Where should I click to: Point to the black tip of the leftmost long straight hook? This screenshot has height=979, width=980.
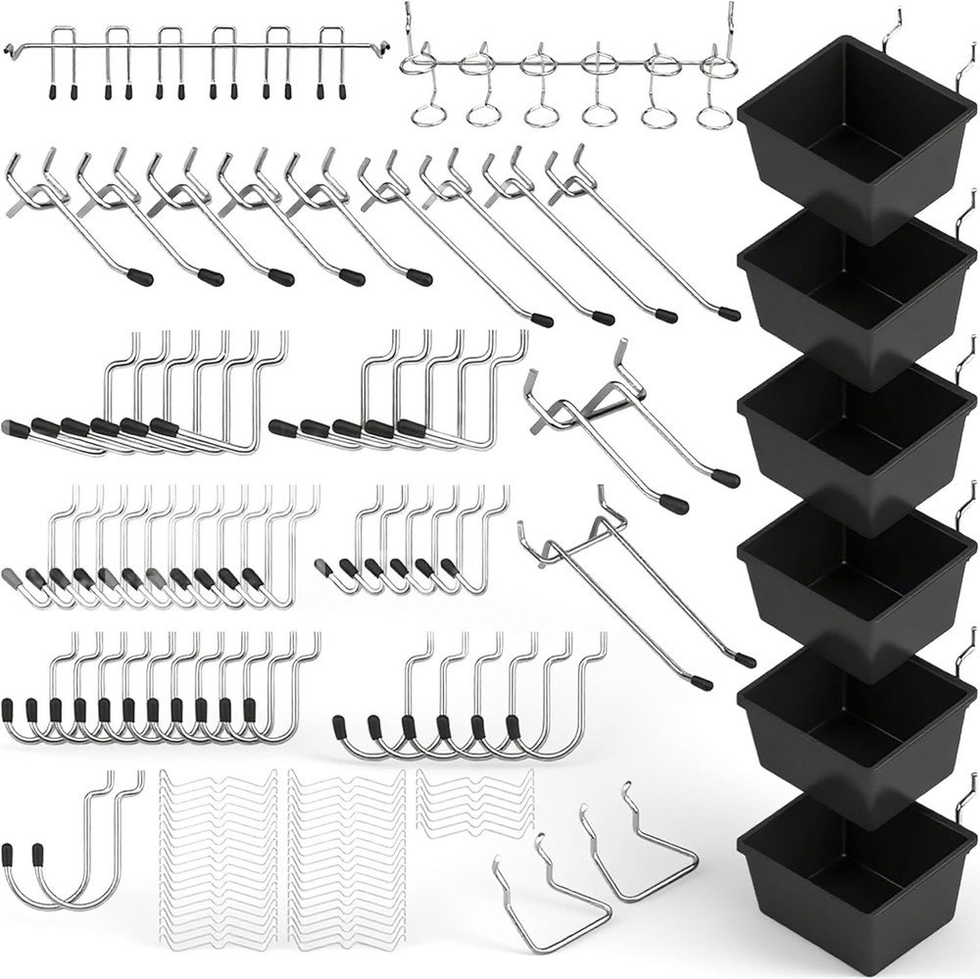tap(140, 276)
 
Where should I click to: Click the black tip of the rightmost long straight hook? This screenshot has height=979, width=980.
tap(729, 314)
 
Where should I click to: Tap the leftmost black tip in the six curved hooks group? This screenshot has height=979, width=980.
tap(340, 727)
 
